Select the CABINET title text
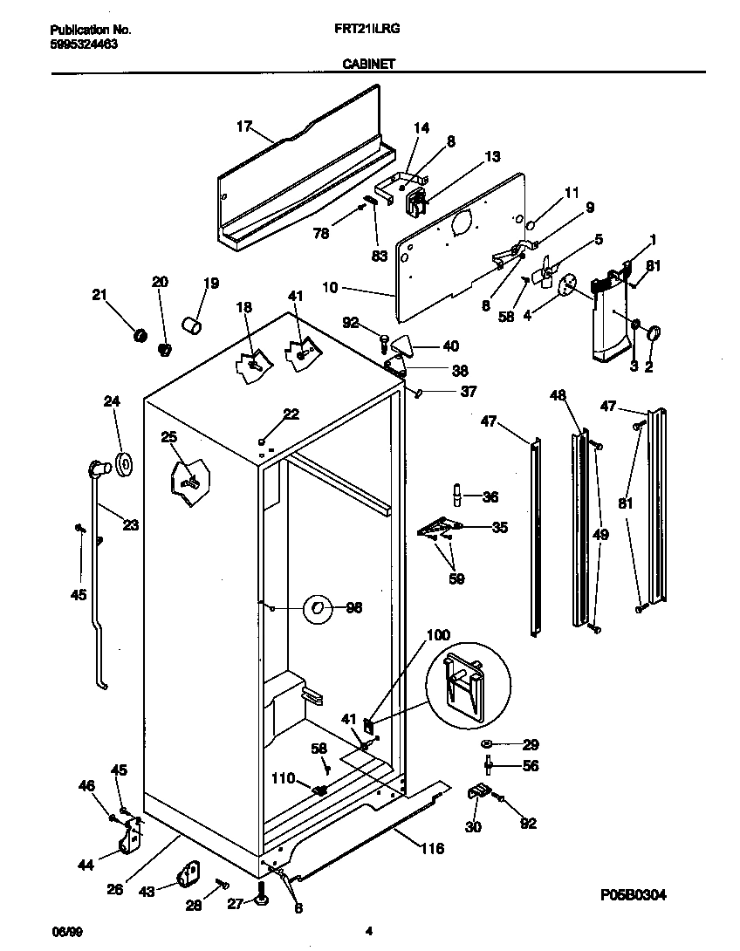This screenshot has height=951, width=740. (x=369, y=64)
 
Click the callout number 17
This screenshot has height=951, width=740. (x=245, y=127)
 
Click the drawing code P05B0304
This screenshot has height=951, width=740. (x=639, y=895)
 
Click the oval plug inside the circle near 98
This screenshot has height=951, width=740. (x=318, y=608)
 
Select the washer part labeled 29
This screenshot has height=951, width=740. (x=485, y=744)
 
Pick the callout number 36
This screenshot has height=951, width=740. (x=490, y=496)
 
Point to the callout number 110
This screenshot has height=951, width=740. (x=284, y=778)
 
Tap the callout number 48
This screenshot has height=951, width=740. (x=558, y=395)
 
